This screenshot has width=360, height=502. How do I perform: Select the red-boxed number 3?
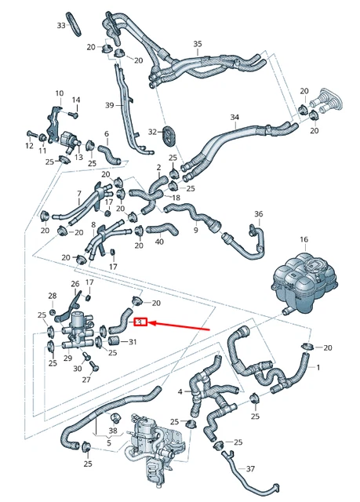click(140, 322)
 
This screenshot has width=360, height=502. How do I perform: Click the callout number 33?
click(61, 26)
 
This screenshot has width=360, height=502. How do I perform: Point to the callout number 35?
click(198, 43)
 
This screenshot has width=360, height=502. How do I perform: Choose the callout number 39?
click(110, 105)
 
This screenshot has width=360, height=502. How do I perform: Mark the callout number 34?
click(235, 118)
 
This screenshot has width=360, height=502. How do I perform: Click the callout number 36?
click(259, 213)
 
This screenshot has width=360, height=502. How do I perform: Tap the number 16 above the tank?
click(304, 239)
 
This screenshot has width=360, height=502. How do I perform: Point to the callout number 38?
click(113, 431)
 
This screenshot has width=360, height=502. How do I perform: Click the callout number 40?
click(159, 242)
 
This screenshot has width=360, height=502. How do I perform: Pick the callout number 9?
click(196, 230)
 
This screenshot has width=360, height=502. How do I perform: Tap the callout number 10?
click(59, 93)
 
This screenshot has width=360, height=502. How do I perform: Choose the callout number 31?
click(133, 341)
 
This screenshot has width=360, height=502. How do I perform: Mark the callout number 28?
click(53, 296)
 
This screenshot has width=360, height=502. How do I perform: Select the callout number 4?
click(180, 391)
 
